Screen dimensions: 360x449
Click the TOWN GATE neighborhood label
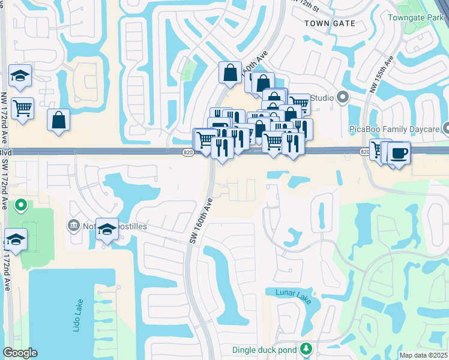[330, 23]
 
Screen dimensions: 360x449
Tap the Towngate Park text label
[423, 18]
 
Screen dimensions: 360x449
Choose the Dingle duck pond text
[266, 349]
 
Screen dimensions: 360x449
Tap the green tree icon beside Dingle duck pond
[306, 349]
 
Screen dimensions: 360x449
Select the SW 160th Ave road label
[202, 221]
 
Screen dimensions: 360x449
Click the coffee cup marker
[399, 154]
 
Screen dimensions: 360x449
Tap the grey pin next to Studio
[343, 97]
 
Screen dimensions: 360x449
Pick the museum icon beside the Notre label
[74, 226]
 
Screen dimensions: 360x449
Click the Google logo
[20, 353]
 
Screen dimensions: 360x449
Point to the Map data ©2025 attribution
[423, 355]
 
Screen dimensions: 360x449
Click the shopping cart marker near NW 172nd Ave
[23, 109]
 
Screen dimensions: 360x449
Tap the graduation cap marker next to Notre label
[107, 229]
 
